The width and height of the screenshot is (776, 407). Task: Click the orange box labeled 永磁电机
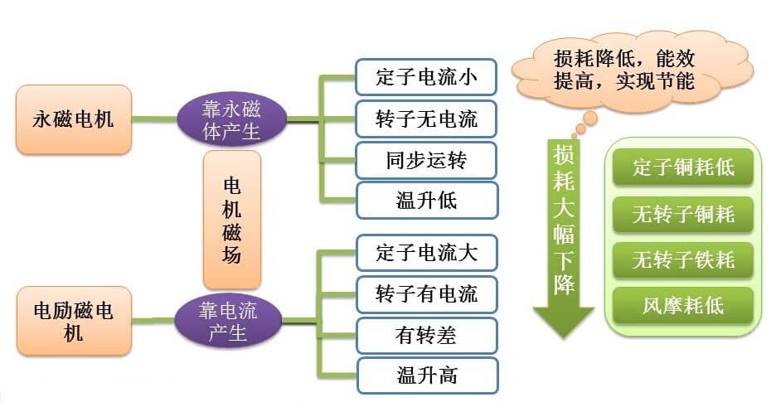(74, 119)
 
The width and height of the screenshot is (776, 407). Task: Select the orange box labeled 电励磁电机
(74, 321)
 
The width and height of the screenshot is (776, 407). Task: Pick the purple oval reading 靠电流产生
(228, 322)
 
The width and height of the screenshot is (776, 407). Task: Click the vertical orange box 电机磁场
(232, 219)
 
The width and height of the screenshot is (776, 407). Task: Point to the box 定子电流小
(426, 78)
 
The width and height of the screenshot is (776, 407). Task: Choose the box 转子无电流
(426, 119)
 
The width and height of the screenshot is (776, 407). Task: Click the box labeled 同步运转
(426, 159)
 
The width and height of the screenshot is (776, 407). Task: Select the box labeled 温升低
(426, 200)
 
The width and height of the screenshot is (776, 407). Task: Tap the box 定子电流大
(426, 252)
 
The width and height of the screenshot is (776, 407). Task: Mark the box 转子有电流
(426, 294)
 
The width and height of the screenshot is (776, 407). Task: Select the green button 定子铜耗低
(683, 168)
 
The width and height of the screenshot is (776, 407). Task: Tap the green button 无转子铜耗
(683, 215)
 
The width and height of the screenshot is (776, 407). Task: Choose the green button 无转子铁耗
(683, 260)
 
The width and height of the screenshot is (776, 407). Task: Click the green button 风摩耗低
(683, 306)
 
